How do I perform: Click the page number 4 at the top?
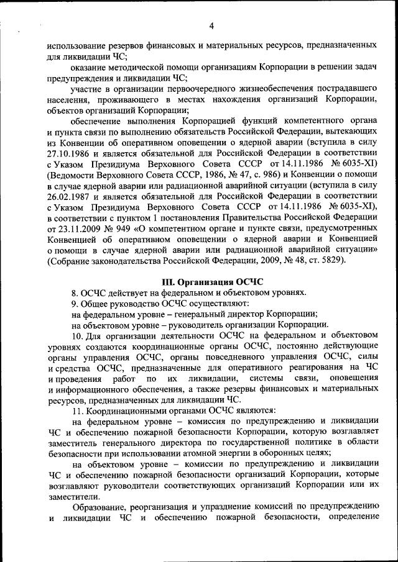211,25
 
